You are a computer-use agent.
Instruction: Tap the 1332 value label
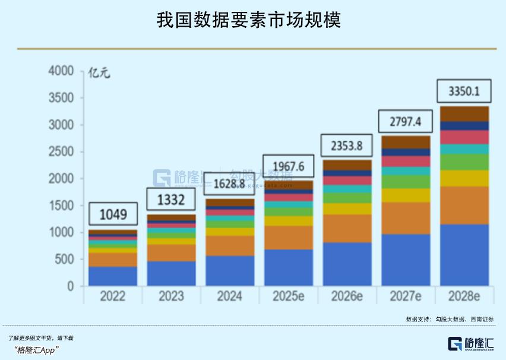pos(171,200)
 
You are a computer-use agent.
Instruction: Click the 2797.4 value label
pos(405,122)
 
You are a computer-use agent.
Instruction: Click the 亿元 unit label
pos(99,74)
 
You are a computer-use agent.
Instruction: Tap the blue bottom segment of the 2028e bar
pos(464,255)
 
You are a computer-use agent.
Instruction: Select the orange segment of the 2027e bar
pos(405,218)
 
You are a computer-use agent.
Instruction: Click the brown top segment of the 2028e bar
pos(464,113)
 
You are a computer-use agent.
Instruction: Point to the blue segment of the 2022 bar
pos(113,276)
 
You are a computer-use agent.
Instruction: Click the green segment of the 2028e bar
pos(464,162)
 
